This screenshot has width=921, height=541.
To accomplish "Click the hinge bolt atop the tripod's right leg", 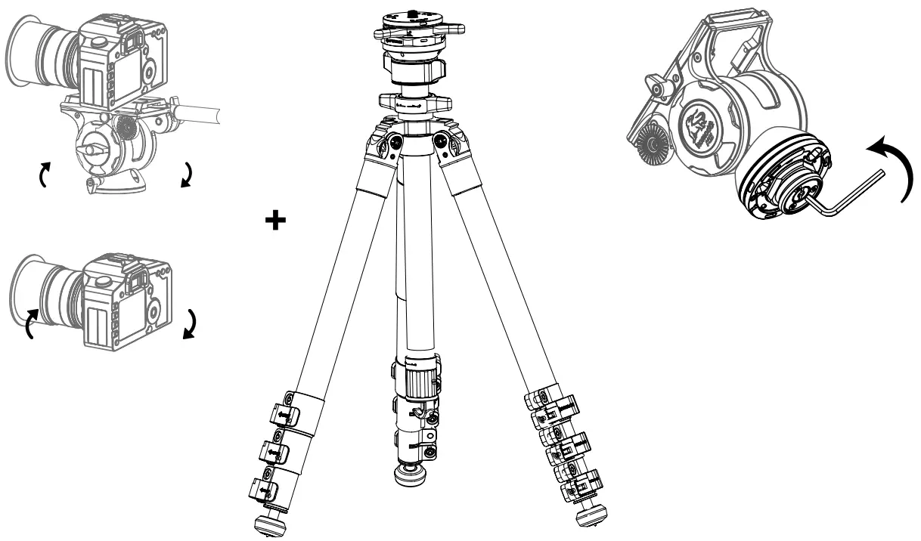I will (442, 138).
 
